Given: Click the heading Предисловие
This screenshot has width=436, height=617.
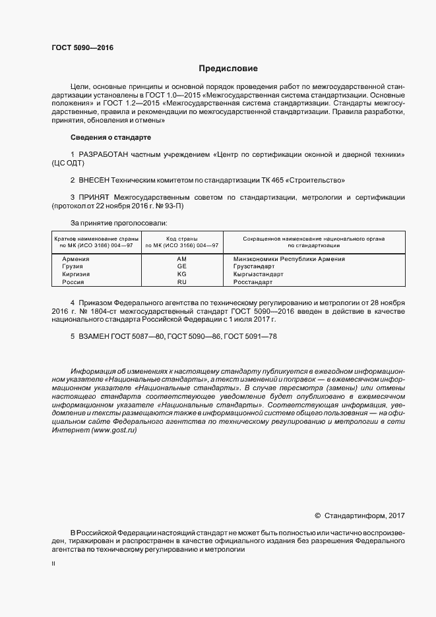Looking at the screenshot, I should click(228, 69).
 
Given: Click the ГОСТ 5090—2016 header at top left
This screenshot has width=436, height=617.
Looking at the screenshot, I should click(82, 48).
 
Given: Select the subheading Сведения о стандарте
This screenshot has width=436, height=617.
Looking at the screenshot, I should click(110, 137).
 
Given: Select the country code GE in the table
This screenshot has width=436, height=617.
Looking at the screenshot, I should click(182, 266).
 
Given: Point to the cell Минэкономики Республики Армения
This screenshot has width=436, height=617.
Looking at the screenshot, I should click(289, 259).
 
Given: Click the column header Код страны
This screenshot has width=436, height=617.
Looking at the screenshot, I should click(182, 238).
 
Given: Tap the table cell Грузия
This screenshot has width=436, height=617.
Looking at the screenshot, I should click(74, 266).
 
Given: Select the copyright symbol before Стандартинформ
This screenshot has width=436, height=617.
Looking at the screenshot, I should click(317, 515).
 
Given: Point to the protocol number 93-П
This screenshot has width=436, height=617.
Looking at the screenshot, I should click(175, 206).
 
